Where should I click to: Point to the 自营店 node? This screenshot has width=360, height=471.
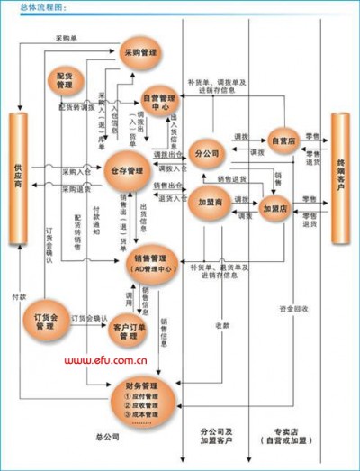pyautogui.click(x=283, y=140)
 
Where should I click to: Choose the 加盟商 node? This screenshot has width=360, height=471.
pyautogui.click(x=210, y=202)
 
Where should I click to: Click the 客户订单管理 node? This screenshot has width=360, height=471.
pyautogui.click(x=130, y=331)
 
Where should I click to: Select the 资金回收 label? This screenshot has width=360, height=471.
pyautogui.click(x=293, y=309)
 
